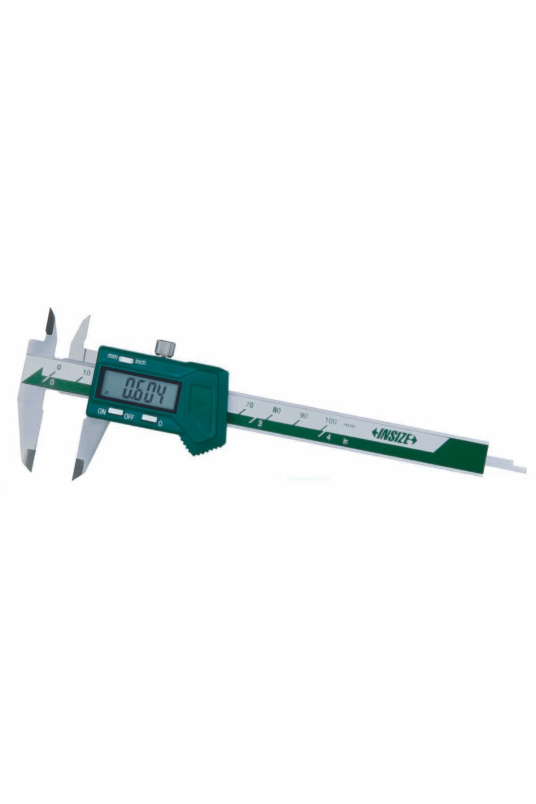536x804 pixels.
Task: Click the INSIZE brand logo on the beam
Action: click(394, 437)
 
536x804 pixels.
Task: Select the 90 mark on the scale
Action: click(304, 415)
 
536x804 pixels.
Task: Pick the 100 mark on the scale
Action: click(331, 421)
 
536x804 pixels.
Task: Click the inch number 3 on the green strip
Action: click(259, 423)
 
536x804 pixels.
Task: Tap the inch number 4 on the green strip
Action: click(328, 437)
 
